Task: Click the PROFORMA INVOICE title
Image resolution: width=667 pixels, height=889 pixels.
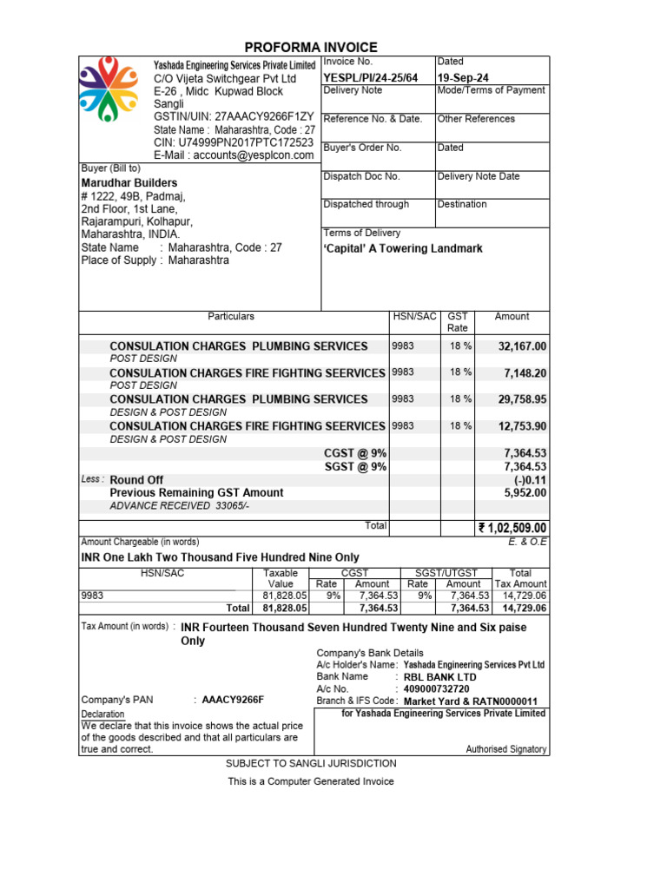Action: pyautogui.click(x=311, y=48)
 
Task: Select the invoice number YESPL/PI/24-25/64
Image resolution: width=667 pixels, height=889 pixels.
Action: pyautogui.click(x=371, y=78)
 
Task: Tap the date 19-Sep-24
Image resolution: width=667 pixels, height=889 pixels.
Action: pyautogui.click(x=463, y=78)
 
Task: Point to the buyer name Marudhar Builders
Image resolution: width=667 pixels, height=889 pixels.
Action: pyautogui.click(x=129, y=183)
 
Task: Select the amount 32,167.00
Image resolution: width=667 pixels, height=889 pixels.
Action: pyautogui.click(x=522, y=346)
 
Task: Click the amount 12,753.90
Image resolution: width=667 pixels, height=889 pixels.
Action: pyautogui.click(x=522, y=426)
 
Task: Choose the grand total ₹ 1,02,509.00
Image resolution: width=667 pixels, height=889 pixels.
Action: pyautogui.click(x=512, y=528)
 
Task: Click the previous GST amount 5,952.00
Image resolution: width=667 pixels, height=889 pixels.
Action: pyautogui.click(x=525, y=493)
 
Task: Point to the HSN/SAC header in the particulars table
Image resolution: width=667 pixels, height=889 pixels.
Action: pyautogui.click(x=414, y=318)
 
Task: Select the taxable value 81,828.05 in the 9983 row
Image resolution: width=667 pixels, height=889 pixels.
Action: pyautogui.click(x=285, y=596)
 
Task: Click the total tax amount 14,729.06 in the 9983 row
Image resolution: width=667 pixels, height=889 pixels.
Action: pyautogui.click(x=525, y=596)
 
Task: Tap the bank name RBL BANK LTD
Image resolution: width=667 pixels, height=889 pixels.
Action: pyautogui.click(x=440, y=677)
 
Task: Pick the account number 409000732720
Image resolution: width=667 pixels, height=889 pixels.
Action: pyautogui.click(x=437, y=689)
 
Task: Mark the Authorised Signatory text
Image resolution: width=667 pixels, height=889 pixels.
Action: pyautogui.click(x=506, y=749)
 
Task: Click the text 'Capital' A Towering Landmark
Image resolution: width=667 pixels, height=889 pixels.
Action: pyautogui.click(x=403, y=249)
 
